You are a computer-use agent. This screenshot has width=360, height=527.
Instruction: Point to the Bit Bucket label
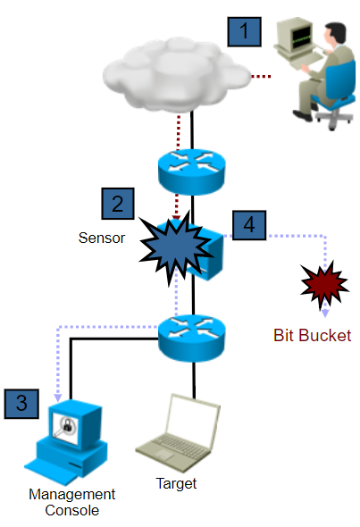(x=313, y=336)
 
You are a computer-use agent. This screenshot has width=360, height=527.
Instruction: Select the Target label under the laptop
(x=177, y=484)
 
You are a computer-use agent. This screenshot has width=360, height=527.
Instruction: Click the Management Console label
(x=71, y=503)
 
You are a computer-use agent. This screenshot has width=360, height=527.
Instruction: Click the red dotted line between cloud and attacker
(x=260, y=78)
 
